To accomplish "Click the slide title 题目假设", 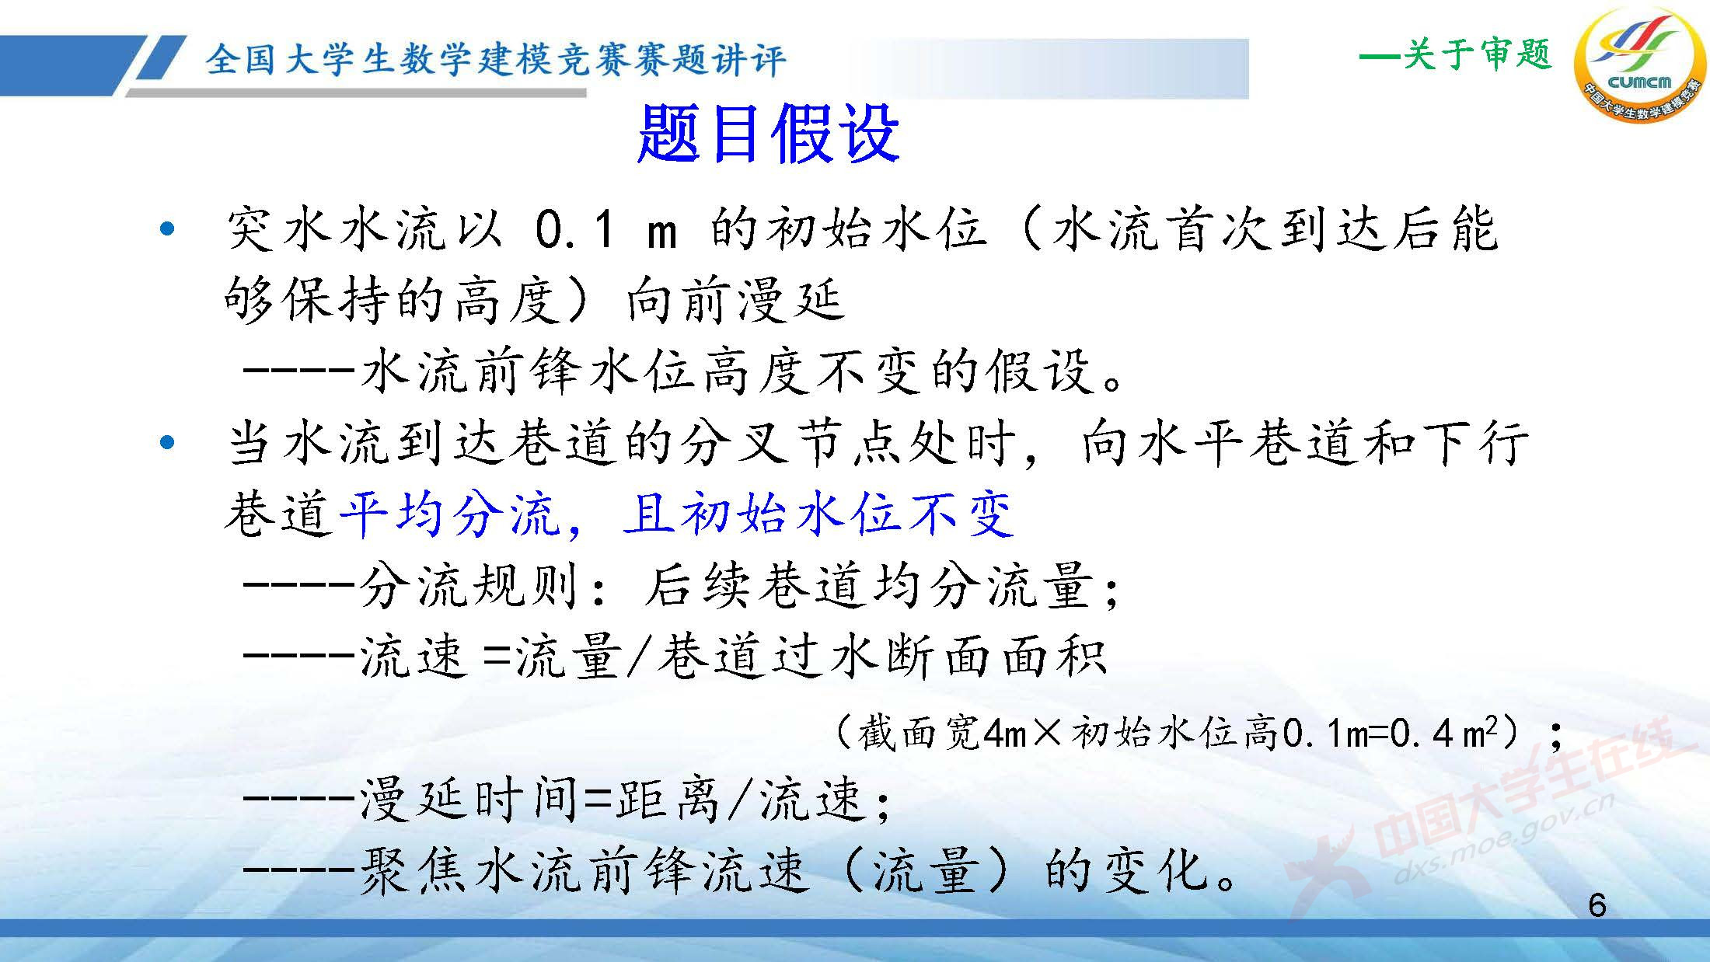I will tap(768, 134).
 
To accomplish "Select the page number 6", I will tap(1597, 905).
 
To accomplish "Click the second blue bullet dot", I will tap(166, 443).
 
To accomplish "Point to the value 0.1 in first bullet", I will tap(575, 230).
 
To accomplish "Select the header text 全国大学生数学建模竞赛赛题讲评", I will tap(496, 61).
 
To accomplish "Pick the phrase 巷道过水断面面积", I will tap(882, 657).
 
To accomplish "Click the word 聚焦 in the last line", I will tap(412, 870).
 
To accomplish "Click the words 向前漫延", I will tap(734, 301).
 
